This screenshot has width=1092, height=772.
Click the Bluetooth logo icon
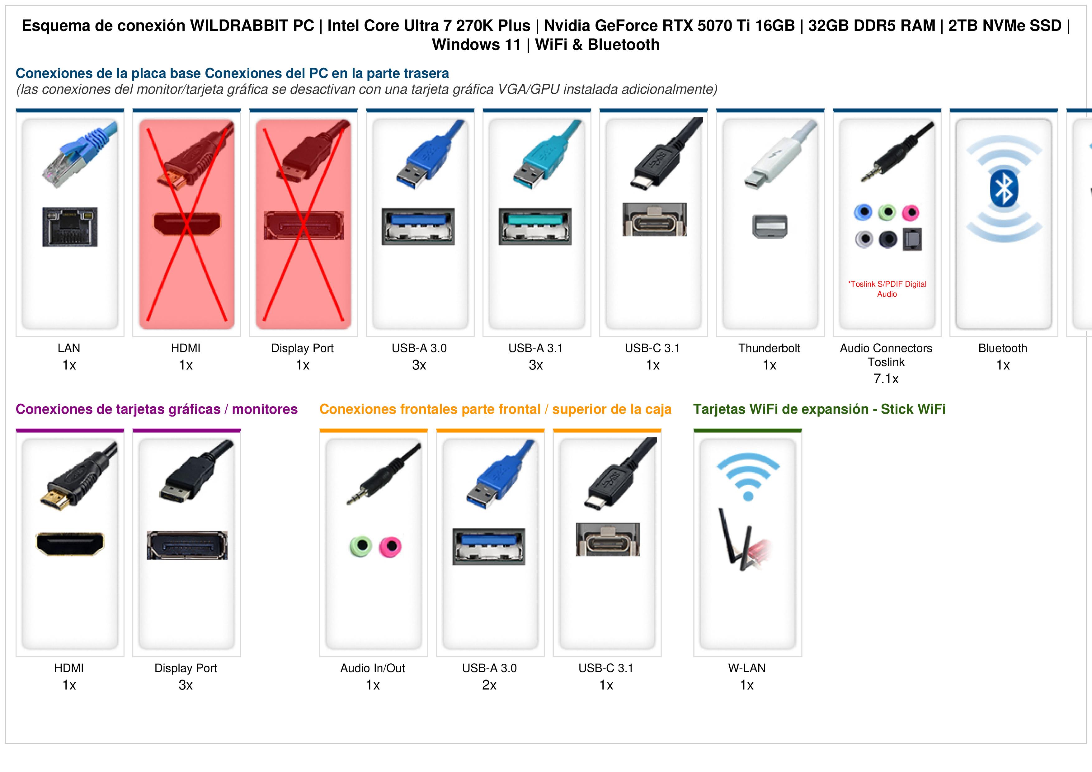(1004, 188)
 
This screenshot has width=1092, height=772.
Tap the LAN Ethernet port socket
(70, 226)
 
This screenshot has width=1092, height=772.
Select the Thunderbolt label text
(769, 348)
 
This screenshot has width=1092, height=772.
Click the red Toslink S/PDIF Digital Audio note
(887, 289)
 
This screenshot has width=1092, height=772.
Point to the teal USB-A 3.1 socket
(535, 226)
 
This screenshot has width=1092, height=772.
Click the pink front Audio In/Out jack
(390, 547)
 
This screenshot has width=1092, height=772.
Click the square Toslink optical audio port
(912, 239)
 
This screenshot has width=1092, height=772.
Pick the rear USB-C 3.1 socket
(654, 220)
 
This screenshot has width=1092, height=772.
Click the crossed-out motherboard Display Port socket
(304, 225)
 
